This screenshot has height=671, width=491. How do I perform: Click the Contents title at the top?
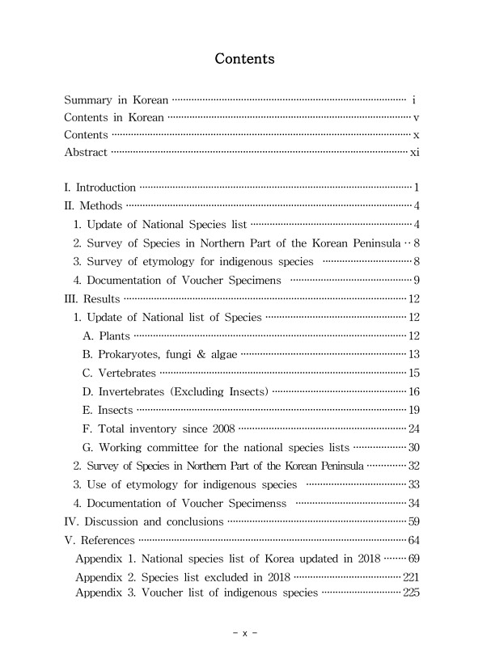pyautogui.click(x=244, y=59)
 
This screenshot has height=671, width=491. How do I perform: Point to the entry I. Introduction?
pyautogui.click(x=99, y=188)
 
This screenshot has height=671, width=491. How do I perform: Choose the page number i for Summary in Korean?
pyautogui.click(x=413, y=101)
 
